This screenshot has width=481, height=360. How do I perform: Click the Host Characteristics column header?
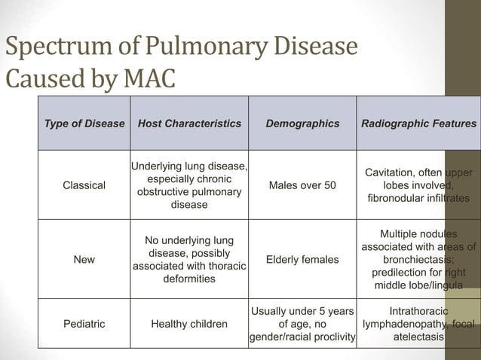[x=189, y=123]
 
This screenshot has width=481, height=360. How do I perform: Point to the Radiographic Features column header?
[x=419, y=123]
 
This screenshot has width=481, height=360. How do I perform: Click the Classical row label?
[x=84, y=185]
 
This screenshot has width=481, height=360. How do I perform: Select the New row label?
[x=84, y=260]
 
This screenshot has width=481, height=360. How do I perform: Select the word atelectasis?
[x=419, y=337]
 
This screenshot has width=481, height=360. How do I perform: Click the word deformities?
[x=189, y=279]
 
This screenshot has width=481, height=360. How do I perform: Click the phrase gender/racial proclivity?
[x=302, y=336]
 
